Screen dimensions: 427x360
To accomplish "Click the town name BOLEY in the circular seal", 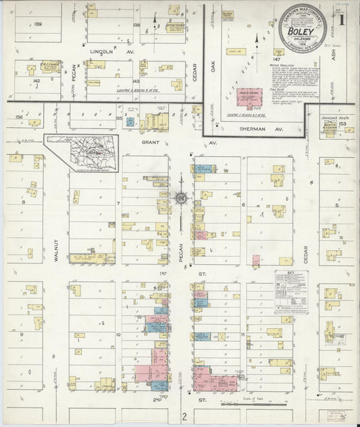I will pyautogui.click(x=299, y=32).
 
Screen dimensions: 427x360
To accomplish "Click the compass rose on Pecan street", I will pyautogui.click(x=181, y=198).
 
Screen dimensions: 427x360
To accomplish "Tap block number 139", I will pyautogui.click(x=38, y=24).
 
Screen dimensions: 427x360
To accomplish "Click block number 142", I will pyautogui.click(x=36, y=80).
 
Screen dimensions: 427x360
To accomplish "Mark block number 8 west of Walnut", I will pyautogui.click(x=23, y=201).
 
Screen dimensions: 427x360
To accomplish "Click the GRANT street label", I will pyautogui.click(x=149, y=143).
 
